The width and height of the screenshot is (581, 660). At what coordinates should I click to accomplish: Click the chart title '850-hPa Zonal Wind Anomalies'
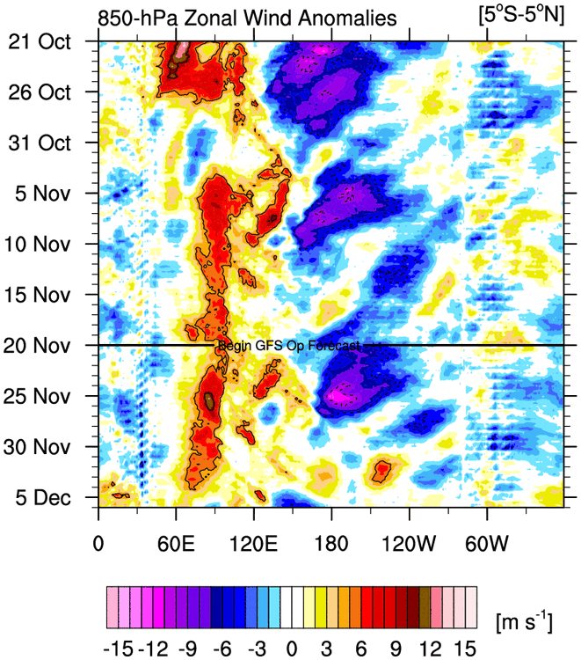pyautogui.click(x=247, y=18)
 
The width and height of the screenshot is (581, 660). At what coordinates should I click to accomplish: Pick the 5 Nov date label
pyautogui.click(x=53, y=193)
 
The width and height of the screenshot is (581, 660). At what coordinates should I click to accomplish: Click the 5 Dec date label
pyautogui.click(x=53, y=496)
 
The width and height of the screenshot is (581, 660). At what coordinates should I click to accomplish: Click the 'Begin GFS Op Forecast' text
pyautogui.click(x=289, y=347)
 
